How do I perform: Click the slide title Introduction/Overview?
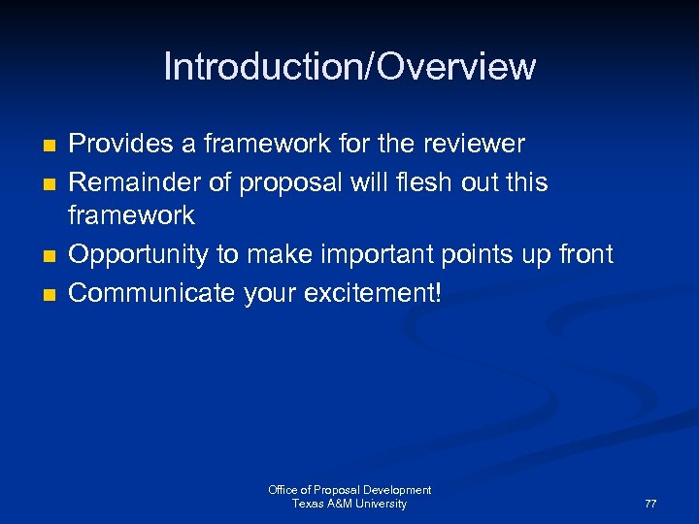click(x=349, y=67)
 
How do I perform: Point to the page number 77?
click(x=650, y=505)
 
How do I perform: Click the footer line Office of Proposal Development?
click(x=349, y=490)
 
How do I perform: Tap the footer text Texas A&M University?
click(x=349, y=504)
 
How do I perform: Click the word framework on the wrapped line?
click(x=131, y=215)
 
